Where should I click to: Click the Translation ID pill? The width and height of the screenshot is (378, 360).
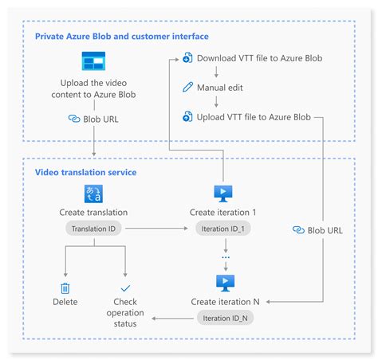point(93,229)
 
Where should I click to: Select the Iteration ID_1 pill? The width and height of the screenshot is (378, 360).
point(222,229)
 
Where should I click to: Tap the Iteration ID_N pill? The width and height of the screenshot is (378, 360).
point(225,318)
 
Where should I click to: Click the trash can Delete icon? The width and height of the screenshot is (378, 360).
point(65,288)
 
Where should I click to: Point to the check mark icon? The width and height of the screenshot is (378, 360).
point(125,288)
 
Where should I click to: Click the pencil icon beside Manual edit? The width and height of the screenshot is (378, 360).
point(187,87)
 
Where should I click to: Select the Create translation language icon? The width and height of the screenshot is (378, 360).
point(93,194)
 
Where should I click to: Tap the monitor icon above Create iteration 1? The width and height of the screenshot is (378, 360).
point(223,194)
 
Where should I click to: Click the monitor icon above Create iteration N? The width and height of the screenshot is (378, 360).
point(226,283)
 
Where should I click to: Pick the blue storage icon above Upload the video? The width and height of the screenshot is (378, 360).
point(93,61)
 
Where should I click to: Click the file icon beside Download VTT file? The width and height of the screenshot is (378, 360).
point(187,58)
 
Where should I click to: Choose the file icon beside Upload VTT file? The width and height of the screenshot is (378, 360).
point(187,116)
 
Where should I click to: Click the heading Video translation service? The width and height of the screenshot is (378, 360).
point(85,172)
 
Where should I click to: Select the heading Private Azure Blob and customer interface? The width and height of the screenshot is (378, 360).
point(122,36)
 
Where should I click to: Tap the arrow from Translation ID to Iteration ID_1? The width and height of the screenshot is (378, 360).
point(156,229)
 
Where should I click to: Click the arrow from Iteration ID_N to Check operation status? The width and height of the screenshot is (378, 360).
point(173,319)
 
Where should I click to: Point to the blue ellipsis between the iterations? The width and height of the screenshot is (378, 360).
point(226,257)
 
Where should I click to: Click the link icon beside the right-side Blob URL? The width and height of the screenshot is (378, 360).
point(298,230)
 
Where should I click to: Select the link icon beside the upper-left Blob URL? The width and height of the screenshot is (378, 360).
point(74,119)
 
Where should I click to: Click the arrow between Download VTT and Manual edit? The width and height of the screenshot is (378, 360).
point(216,72)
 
